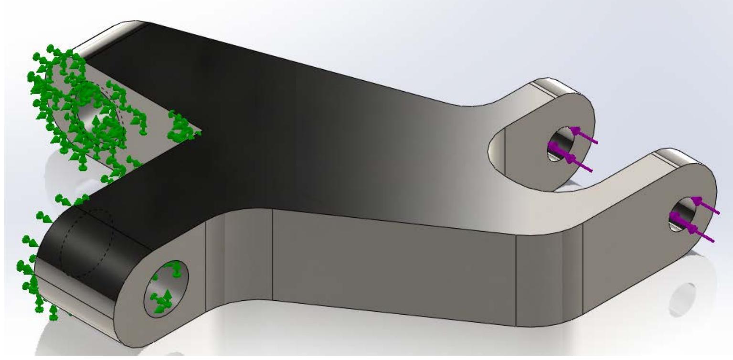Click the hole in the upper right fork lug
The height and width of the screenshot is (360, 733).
[x=559, y=144]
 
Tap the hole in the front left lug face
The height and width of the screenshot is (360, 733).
[x=166, y=287]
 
